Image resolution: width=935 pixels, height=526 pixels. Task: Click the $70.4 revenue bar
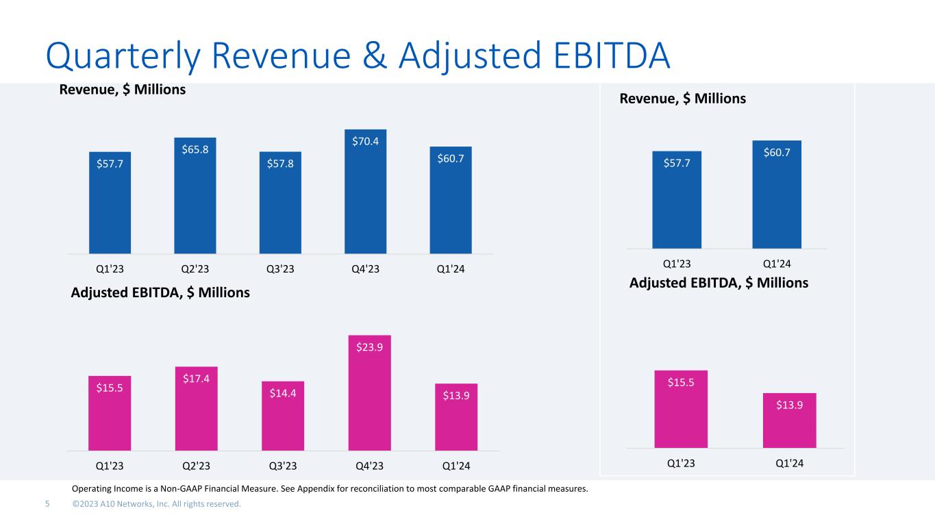(366, 192)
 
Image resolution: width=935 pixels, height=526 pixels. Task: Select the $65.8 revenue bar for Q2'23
(195, 196)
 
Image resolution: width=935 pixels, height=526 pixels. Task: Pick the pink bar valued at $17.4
(196, 408)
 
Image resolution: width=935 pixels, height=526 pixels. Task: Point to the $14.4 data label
(282, 393)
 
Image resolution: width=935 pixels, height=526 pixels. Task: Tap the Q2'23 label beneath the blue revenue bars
(195, 268)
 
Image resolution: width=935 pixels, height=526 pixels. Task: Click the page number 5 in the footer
(47, 504)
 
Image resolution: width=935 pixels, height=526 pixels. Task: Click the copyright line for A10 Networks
(157, 504)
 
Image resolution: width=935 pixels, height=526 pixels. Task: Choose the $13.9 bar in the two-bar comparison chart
(789, 421)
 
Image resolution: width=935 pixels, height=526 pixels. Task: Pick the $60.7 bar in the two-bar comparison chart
(777, 195)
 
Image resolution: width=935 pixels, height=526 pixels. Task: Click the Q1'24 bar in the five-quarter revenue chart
(451, 200)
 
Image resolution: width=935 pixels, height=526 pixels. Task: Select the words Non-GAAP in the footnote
(175, 489)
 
